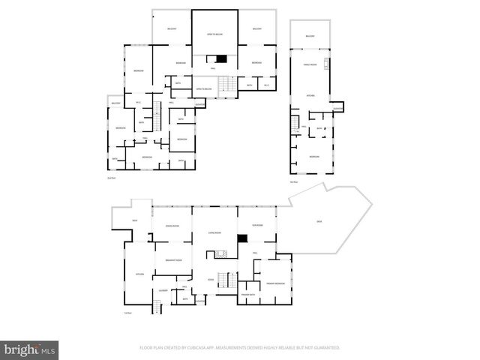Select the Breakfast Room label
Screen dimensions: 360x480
coord(173,260)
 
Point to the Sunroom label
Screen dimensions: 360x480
coord(256,226)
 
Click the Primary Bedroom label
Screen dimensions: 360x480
coord(274,283)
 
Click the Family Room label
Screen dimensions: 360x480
coord(310,65)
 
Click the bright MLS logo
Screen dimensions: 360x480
coord(30,349)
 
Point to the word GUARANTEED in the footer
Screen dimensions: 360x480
coord(326,348)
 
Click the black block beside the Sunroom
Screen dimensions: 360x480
coord(242,239)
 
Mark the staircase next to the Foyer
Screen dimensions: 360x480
coord(222,254)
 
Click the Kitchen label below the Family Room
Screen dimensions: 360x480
coord(310,96)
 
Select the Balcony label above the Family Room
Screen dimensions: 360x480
coord(310,36)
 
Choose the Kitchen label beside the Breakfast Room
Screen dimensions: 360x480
coord(139,274)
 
